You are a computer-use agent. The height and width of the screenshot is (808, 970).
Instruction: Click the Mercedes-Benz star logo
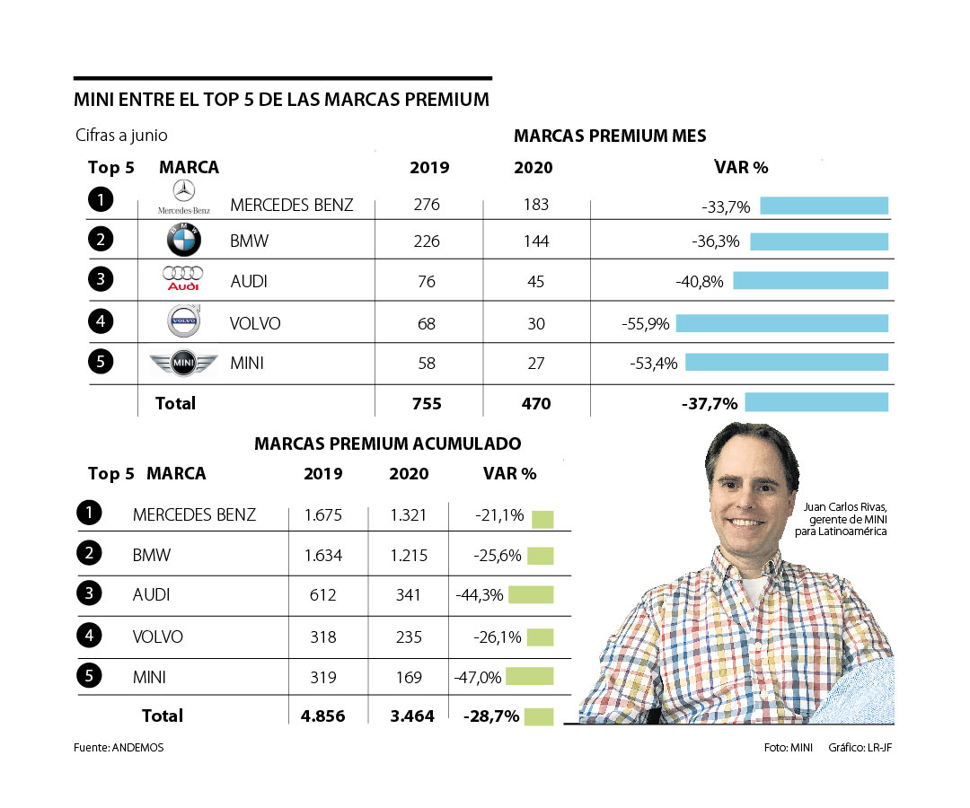pyautogui.click(x=184, y=191)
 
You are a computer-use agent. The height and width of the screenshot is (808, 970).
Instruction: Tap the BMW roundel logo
pyautogui.click(x=184, y=241)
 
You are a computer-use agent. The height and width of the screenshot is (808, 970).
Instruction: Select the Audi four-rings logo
pyautogui.click(x=182, y=277)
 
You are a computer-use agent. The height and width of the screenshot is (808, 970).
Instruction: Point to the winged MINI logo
pyautogui.click(x=183, y=363)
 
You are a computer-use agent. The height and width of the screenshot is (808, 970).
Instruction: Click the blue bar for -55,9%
pyautogui.click(x=781, y=323)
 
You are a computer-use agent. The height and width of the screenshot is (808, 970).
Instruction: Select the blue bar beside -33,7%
pyautogui.click(x=824, y=206)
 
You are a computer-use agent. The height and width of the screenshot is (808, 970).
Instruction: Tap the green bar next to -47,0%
pyautogui.click(x=530, y=676)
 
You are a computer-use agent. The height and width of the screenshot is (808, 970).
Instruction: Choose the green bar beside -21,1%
pyautogui.click(x=542, y=518)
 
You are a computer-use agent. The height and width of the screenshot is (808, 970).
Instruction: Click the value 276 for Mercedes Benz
pyautogui.click(x=427, y=205)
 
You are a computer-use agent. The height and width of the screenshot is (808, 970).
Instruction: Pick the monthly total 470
pyautogui.click(x=536, y=404)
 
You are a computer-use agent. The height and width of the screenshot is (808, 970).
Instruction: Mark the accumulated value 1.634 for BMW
pyautogui.click(x=322, y=556)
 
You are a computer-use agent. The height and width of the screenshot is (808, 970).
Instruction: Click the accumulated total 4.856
pyautogui.click(x=322, y=716)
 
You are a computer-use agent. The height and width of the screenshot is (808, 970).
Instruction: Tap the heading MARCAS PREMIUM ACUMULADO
pyautogui.click(x=387, y=444)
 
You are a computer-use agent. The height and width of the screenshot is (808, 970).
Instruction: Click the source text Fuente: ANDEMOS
pyautogui.click(x=119, y=747)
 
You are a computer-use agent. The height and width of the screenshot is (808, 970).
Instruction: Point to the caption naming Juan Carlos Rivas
pyautogui.click(x=847, y=520)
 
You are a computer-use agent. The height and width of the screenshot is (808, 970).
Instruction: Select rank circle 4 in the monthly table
pyautogui.click(x=101, y=321)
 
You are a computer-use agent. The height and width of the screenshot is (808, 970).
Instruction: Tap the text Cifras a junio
pyautogui.click(x=121, y=136)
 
